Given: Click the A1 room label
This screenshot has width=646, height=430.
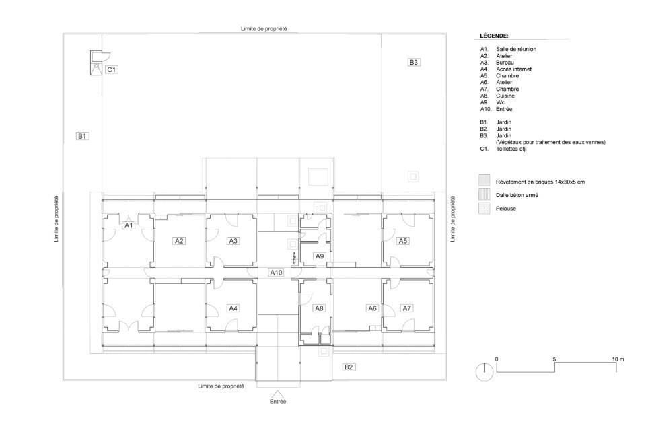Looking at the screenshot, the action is (x=129, y=225).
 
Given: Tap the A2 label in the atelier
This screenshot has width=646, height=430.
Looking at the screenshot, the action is (x=179, y=241).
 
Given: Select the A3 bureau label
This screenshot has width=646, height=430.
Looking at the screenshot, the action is (x=234, y=241).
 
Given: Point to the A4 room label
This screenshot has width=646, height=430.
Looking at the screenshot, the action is (x=234, y=308).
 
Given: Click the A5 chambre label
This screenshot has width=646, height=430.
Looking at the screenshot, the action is (x=403, y=241).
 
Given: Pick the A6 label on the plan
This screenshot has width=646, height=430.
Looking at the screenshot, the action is (x=372, y=308).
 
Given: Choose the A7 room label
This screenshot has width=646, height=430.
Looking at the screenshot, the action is (x=406, y=308).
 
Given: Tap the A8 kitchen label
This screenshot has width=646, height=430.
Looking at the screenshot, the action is (x=319, y=308).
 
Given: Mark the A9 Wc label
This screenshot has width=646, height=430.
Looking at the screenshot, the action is (x=320, y=256).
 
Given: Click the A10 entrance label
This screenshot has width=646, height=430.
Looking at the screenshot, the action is (x=276, y=273).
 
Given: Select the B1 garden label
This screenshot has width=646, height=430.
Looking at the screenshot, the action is (x=82, y=136).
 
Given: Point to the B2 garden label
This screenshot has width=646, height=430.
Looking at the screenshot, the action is (x=349, y=367).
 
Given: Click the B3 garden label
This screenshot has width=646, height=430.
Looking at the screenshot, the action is (x=414, y=62).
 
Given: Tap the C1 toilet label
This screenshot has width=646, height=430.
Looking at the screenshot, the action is (x=111, y=69).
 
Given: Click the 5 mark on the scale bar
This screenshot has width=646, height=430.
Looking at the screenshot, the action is (x=554, y=359).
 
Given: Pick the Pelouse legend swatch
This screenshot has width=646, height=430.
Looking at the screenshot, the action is (x=484, y=208).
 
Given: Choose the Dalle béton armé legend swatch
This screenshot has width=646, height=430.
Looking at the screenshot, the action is (x=484, y=194).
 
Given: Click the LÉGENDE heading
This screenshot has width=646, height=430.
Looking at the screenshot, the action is (x=494, y=36).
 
